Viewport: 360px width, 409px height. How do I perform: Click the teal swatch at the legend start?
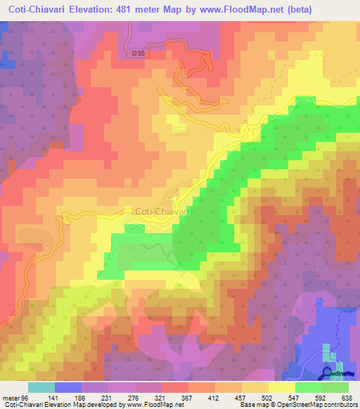pos(41,387)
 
